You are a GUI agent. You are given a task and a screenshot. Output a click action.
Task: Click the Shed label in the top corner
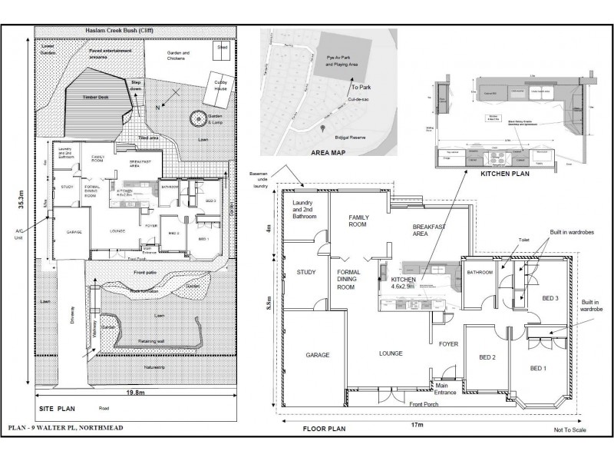click(223, 46)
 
